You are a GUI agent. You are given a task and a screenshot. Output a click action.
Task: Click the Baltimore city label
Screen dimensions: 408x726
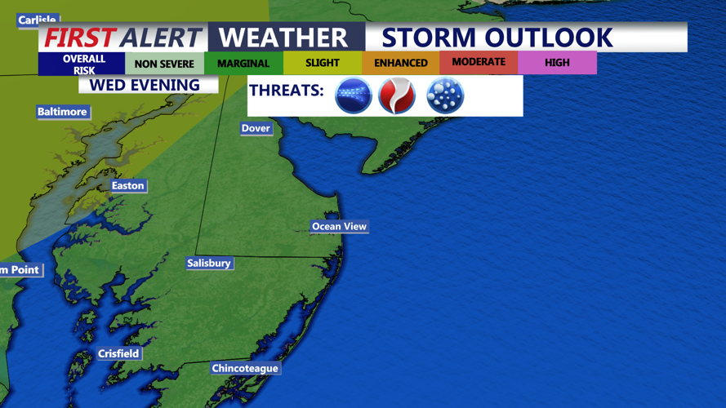click(62, 112)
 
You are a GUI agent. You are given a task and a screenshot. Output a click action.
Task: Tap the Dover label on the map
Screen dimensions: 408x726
click(256, 128)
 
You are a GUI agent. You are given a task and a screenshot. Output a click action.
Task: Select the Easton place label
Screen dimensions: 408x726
click(127, 186)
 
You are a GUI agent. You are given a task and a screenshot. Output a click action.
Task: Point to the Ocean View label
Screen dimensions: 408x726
click(339, 226)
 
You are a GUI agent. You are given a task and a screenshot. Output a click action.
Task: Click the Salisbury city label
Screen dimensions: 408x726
click(209, 263)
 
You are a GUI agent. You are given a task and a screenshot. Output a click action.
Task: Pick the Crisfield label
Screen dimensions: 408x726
click(118, 353)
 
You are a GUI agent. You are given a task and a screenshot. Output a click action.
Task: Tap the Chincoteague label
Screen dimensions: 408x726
click(245, 368)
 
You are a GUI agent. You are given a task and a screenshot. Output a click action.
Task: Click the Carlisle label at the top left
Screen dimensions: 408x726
click(38, 20)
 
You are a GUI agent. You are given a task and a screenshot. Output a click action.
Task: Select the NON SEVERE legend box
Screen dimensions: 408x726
click(164, 64)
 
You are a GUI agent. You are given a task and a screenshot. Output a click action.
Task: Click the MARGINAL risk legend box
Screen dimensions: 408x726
click(243, 64)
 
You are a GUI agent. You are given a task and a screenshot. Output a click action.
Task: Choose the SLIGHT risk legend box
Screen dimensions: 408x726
click(323, 63)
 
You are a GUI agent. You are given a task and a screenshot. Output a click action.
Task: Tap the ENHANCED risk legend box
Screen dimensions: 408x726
click(401, 64)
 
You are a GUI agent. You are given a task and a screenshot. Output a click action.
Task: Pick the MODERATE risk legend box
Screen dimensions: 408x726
click(479, 62)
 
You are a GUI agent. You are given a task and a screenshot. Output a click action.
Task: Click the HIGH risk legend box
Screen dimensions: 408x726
click(557, 63)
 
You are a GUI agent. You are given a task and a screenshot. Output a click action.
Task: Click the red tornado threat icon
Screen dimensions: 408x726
click(397, 95)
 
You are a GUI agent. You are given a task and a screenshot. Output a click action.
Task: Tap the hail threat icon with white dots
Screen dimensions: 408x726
click(445, 95)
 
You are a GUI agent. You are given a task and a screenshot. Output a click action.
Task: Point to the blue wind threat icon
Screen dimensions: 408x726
click(354, 95)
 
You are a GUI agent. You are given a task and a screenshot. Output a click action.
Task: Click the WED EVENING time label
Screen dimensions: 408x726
click(145, 85)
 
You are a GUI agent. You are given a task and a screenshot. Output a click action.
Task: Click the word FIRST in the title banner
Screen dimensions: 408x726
click(79, 38)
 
